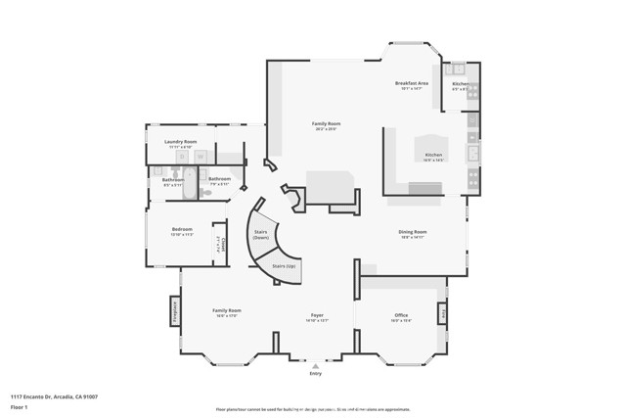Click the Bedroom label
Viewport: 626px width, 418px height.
pyautogui.click(x=182, y=230)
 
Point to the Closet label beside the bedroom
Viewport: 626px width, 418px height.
pyautogui.click(x=224, y=245)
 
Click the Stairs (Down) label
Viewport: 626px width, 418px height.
pyautogui.click(x=261, y=234)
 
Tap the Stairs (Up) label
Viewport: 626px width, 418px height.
pyautogui.click(x=285, y=265)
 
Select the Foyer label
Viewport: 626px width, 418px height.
pyautogui.click(x=317, y=315)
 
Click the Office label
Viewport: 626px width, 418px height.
pyautogui.click(x=401, y=315)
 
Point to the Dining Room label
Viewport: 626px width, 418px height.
pyautogui.click(x=412, y=232)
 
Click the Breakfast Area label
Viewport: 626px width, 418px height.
pyautogui.click(x=412, y=83)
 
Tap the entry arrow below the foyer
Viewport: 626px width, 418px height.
pyautogui.click(x=315, y=366)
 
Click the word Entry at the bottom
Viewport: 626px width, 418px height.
pyautogui.click(x=315, y=374)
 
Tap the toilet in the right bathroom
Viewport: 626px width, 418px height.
pyautogui.click(x=206, y=194)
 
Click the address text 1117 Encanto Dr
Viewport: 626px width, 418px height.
pyautogui.click(x=54, y=396)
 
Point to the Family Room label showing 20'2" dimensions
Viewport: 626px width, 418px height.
pyautogui.click(x=326, y=124)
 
